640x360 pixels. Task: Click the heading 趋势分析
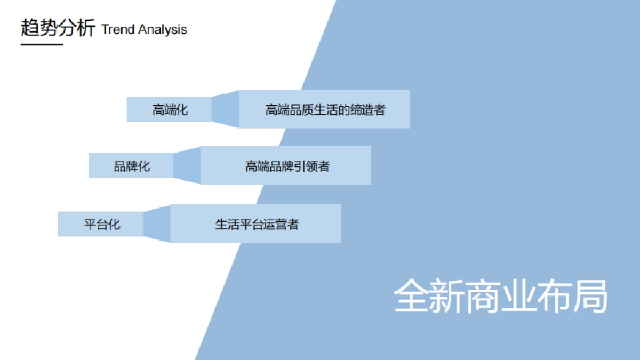pyautogui.click(x=58, y=28)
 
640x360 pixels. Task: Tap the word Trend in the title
pyautogui.click(x=118, y=29)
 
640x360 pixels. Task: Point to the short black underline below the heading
pyautogui.click(x=42, y=44)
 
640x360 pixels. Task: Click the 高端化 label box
pyautogui.click(x=170, y=110)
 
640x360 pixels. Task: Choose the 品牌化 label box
pyautogui.click(x=131, y=166)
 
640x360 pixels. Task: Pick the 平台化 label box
pyautogui.click(x=101, y=224)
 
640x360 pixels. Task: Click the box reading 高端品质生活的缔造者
pyautogui.click(x=324, y=109)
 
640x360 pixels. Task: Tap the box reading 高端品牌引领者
pyautogui.click(x=286, y=166)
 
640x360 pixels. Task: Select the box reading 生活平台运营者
pyautogui.click(x=256, y=224)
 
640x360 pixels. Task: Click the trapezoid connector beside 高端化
pyautogui.click(x=225, y=109)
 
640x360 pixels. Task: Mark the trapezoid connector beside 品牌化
pyautogui.click(x=187, y=166)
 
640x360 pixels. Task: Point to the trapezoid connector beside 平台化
pyautogui.click(x=157, y=224)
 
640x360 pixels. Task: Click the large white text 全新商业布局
pyautogui.click(x=500, y=296)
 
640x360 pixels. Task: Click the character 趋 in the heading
pyautogui.click(x=30, y=28)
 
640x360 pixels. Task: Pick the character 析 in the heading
pyautogui.click(x=85, y=28)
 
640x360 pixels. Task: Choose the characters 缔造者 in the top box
pyautogui.click(x=367, y=110)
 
